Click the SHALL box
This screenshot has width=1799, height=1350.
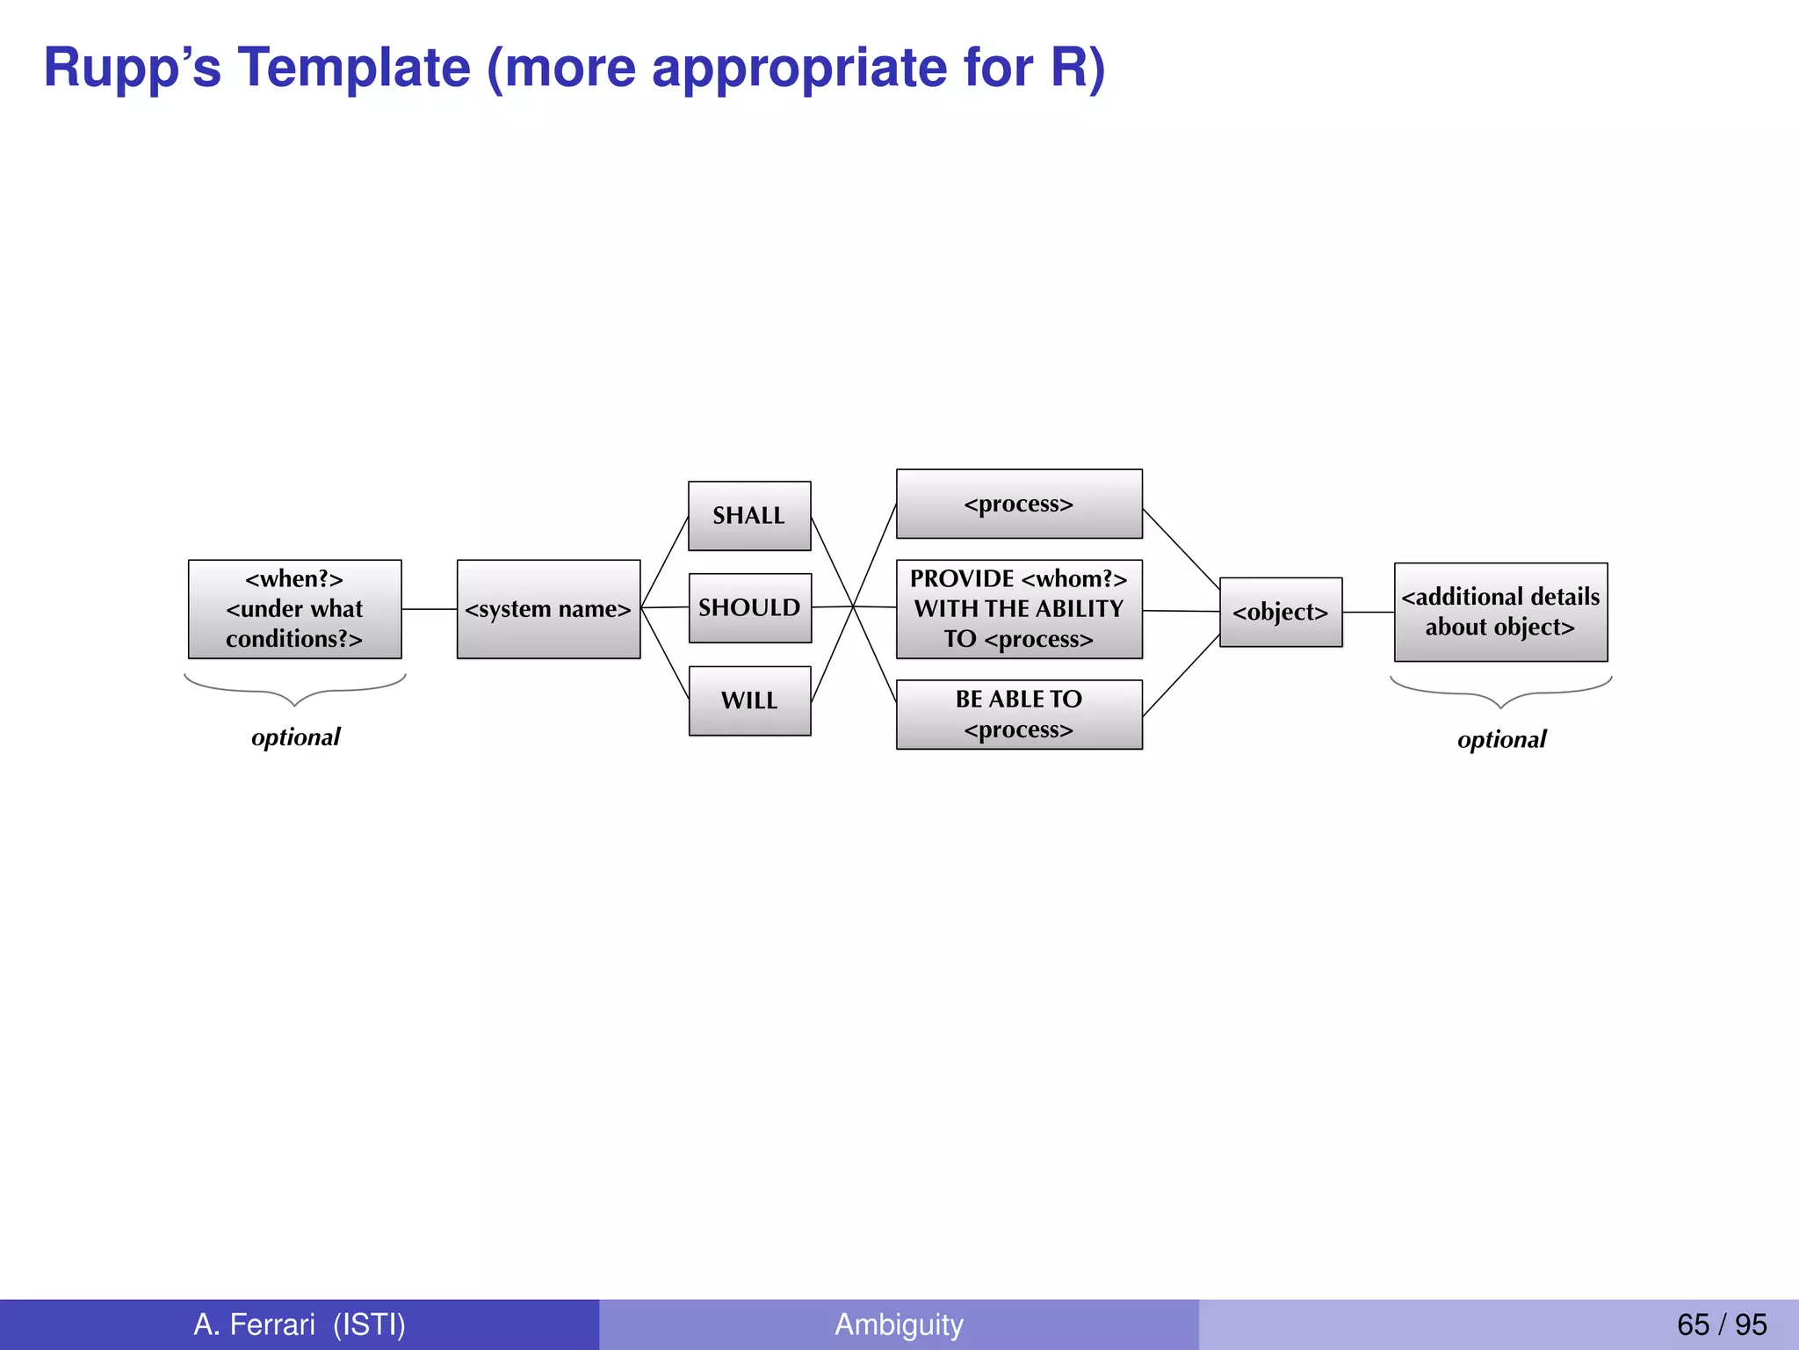click(748, 516)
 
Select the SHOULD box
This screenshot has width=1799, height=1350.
click(749, 608)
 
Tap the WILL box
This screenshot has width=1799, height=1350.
click(749, 700)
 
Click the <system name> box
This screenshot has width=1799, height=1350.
click(548, 609)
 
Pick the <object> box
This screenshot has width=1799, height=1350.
click(1280, 613)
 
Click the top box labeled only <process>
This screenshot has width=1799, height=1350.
click(1018, 504)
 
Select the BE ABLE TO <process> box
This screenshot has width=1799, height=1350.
click(1018, 715)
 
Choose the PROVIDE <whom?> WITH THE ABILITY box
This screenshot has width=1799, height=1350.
click(1018, 609)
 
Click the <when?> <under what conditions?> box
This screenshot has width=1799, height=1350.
click(294, 609)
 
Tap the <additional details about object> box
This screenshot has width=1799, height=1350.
click(1500, 613)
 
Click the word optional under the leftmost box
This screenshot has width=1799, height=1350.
click(295, 737)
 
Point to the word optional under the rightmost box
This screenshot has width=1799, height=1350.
click(1501, 739)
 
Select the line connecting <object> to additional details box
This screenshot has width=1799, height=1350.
click(1368, 613)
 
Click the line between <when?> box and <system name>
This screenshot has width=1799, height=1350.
click(429, 609)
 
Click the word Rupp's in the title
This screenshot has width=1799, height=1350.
click(132, 68)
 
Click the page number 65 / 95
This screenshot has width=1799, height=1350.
click(1721, 1324)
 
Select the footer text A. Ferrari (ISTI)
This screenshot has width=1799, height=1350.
click(300, 1324)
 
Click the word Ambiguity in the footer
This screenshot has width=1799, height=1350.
click(899, 1324)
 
